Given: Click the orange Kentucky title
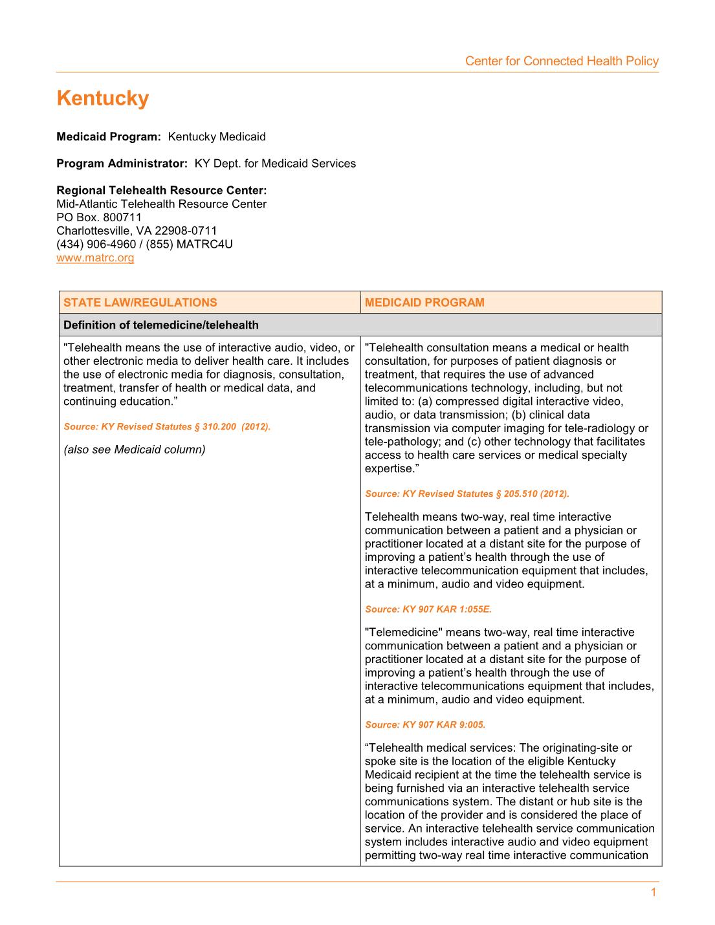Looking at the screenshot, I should tap(103, 98).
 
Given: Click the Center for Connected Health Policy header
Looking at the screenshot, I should tap(561, 61).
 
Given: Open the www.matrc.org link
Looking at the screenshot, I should tap(95, 257).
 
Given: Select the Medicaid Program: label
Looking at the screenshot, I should tap(108, 136).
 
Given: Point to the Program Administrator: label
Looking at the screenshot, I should tap(122, 164).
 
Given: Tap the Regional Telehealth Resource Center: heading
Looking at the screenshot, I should tap(161, 190).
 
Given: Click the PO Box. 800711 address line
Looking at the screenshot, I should tap(98, 217).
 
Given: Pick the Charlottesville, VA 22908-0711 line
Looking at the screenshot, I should tap(137, 231).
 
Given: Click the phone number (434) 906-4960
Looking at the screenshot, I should tap(96, 245).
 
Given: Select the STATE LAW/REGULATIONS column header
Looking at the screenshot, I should tap(140, 303).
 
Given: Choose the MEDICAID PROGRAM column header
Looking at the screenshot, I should tap(424, 303).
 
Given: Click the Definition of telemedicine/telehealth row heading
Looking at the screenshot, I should tap(160, 325).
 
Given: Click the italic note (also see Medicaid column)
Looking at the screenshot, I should tap(134, 450).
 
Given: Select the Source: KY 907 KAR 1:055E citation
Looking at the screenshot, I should tap(428, 609).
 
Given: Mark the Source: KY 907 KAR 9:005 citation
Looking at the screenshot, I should tap(424, 724).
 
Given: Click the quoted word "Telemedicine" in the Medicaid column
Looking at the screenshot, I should tap(403, 632).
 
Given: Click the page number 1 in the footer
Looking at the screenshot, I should tap(653, 893).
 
